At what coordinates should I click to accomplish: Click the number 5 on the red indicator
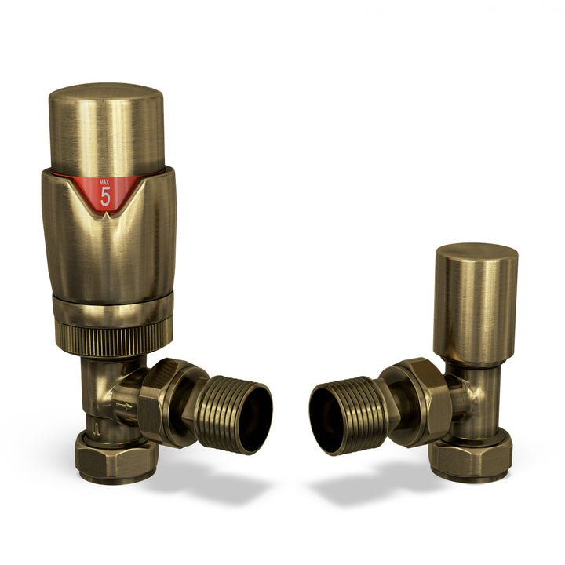(105, 197)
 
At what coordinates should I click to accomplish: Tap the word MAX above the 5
(105, 183)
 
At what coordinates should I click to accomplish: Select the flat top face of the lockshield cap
(476, 253)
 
